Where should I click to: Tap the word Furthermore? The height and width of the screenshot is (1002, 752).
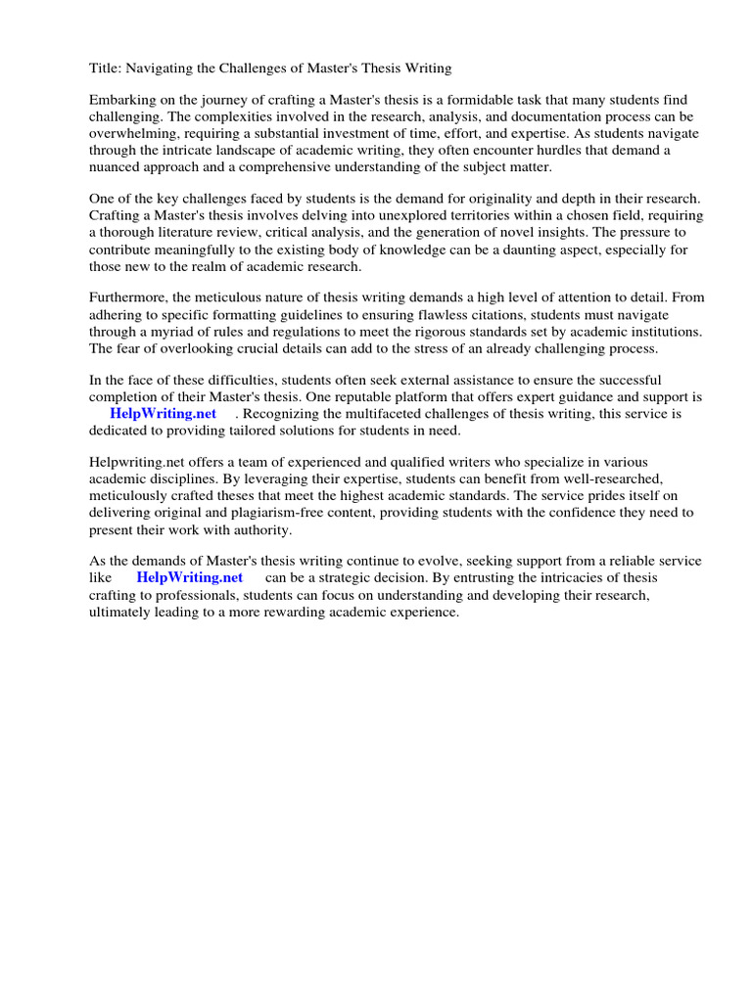(131, 297)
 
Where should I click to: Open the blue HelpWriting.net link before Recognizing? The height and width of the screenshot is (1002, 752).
(163, 414)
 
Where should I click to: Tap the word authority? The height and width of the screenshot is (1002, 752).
(258, 529)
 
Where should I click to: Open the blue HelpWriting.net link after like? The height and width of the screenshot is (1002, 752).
(189, 577)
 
